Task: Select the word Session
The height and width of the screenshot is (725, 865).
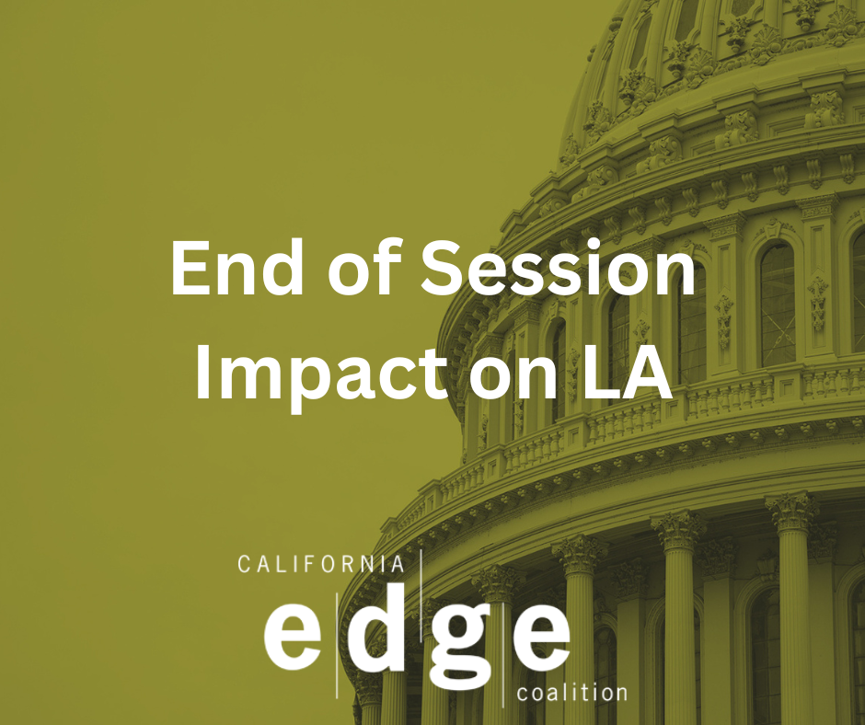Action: [x=558, y=268]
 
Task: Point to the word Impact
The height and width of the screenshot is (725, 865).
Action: [x=321, y=372]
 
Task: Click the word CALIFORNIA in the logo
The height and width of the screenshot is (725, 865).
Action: [x=321, y=564]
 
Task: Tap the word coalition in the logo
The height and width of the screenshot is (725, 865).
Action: [x=572, y=692]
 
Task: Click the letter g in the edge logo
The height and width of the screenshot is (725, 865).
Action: [x=461, y=646]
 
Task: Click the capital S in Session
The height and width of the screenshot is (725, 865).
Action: [x=444, y=268]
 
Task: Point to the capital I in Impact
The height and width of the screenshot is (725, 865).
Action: [x=202, y=372]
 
